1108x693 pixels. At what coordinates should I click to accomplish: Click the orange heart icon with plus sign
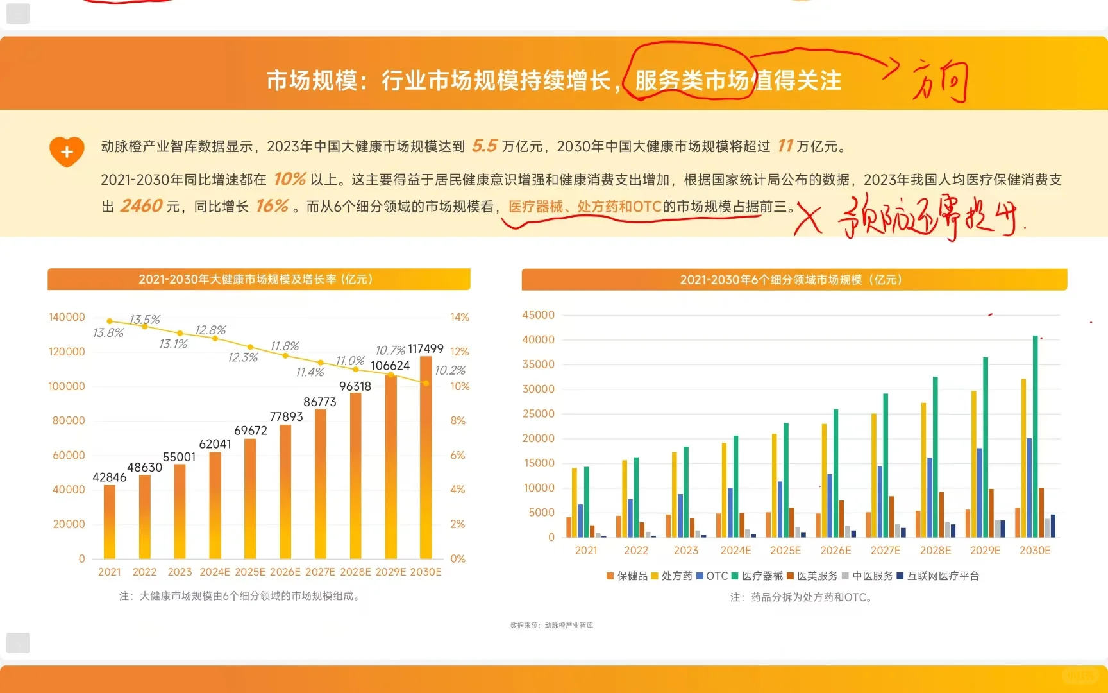tap(67, 152)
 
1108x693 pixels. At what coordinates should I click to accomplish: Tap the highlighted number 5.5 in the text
tap(485, 146)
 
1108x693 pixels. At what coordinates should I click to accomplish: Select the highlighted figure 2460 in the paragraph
tap(142, 206)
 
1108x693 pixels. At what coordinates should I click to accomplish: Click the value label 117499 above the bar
tap(426, 348)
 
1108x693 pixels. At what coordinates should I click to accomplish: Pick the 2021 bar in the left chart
tap(110, 521)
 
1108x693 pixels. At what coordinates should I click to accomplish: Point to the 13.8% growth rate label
tap(108, 332)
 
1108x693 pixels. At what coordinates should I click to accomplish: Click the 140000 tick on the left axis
tap(67, 317)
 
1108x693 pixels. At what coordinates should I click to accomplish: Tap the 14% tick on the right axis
tap(460, 317)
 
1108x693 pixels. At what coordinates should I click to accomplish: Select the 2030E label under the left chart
tap(426, 572)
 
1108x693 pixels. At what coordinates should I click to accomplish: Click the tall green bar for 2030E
tap(1035, 436)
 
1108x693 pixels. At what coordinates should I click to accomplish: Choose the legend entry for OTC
tap(712, 576)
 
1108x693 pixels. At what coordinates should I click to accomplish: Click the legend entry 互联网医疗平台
tap(939, 576)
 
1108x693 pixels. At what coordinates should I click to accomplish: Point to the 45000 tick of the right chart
tap(538, 315)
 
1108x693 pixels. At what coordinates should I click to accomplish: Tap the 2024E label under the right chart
tap(735, 551)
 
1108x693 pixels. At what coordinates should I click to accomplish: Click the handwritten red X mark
tap(809, 219)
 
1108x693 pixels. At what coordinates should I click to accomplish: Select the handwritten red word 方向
tap(940, 82)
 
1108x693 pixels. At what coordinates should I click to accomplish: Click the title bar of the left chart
tap(258, 279)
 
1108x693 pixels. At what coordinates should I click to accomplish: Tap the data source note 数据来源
tap(551, 625)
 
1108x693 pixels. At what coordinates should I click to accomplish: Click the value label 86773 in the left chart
tap(320, 402)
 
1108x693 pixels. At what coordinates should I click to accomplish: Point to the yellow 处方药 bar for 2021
tap(575, 502)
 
